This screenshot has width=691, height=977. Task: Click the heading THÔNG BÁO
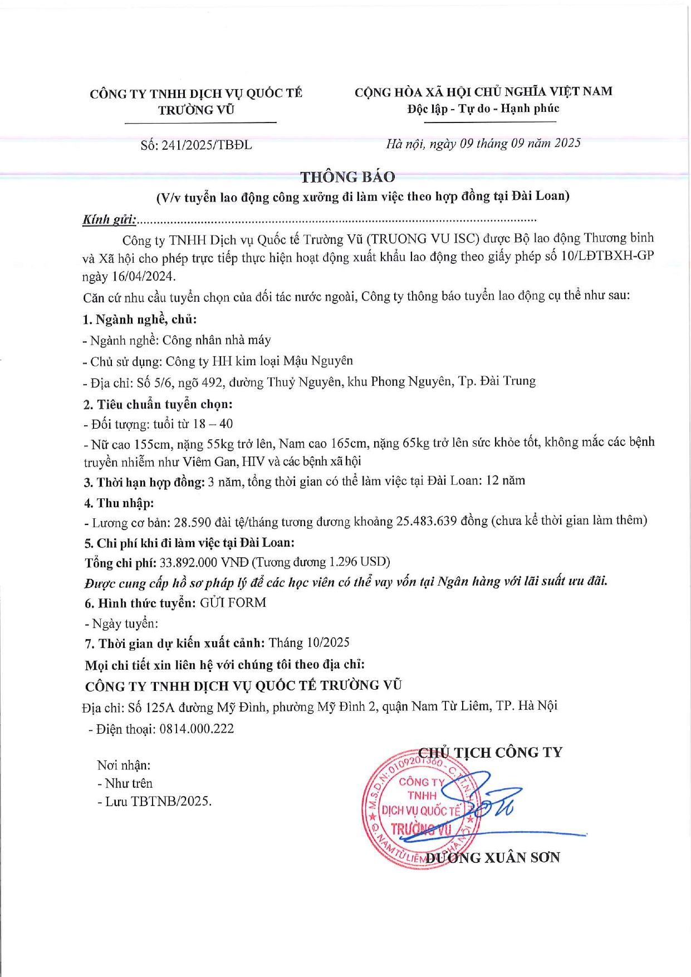[x=347, y=177]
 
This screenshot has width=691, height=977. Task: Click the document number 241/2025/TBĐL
[x=207, y=145]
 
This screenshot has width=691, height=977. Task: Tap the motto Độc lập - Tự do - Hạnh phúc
[x=483, y=109]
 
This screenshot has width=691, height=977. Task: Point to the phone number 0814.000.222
[x=197, y=729]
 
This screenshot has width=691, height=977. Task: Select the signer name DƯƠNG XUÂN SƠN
[x=493, y=857]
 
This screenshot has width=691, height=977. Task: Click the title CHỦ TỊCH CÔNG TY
[x=490, y=753]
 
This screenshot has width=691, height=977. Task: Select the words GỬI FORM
[x=233, y=603]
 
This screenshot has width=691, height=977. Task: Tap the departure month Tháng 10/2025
[x=309, y=643]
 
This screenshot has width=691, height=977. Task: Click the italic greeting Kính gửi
[x=109, y=219]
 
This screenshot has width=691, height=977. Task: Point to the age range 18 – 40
[x=213, y=424]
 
